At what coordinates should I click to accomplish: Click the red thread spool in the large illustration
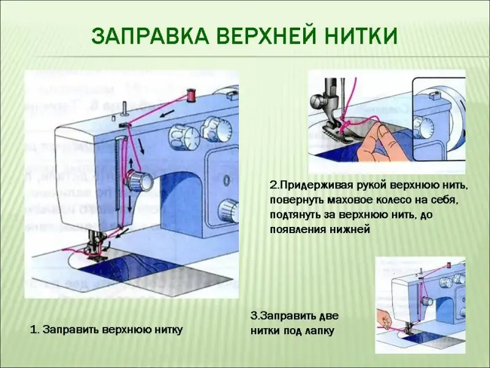pyautogui.click(x=191, y=95)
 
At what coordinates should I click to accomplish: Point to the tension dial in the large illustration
pyautogui.click(x=140, y=180)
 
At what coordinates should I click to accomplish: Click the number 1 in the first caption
pyautogui.click(x=33, y=330)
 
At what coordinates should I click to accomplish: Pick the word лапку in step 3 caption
pyautogui.click(x=318, y=331)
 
